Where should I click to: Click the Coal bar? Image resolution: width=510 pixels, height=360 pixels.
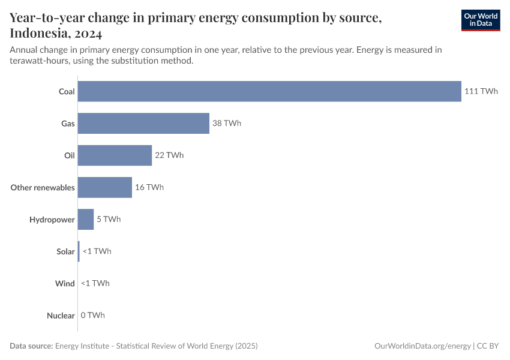click(x=269, y=91)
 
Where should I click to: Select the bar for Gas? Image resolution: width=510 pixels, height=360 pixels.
click(x=143, y=123)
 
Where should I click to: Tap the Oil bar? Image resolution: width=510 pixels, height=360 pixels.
click(x=115, y=155)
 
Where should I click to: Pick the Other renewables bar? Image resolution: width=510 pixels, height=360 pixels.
click(x=104, y=187)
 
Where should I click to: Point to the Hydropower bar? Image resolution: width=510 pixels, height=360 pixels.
click(x=86, y=220)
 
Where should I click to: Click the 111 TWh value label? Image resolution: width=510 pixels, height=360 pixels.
click(x=481, y=91)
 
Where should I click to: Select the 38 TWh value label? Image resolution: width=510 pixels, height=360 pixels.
click(x=227, y=123)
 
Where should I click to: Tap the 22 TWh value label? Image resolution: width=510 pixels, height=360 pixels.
click(x=169, y=155)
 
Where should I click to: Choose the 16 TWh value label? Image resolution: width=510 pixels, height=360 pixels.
click(x=149, y=187)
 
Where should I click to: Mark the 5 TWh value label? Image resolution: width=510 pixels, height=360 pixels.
click(x=109, y=220)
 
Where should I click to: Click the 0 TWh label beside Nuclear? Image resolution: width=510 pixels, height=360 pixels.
click(x=93, y=316)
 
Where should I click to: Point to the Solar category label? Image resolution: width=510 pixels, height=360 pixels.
click(x=65, y=251)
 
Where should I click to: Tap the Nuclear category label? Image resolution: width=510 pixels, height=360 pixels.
click(x=61, y=316)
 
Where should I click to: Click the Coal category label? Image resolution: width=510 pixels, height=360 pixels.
click(x=67, y=91)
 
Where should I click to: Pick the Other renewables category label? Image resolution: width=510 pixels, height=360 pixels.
click(x=43, y=187)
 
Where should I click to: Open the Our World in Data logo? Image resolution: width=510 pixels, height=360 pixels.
click(x=481, y=19)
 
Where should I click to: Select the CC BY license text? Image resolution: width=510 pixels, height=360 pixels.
click(x=488, y=346)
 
